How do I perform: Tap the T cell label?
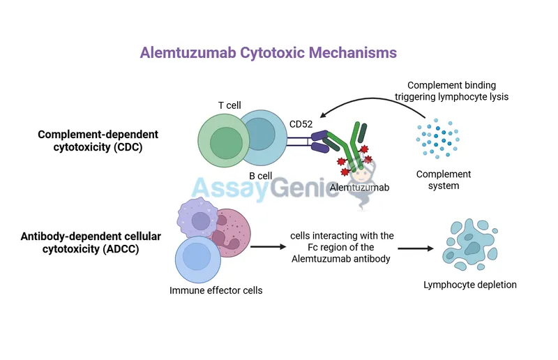point(229,105)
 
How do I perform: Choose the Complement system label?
point(444,180)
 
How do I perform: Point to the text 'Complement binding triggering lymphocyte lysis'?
point(458,91)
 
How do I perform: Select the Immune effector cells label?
point(216,290)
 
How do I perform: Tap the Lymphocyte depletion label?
point(470,285)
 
